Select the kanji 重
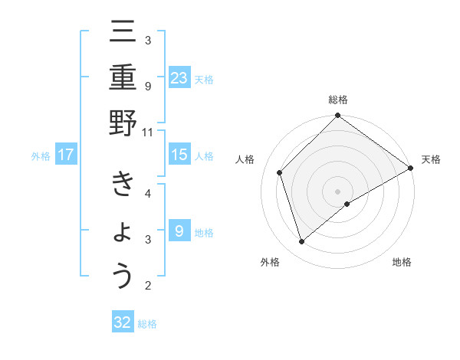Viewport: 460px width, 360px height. point(123,78)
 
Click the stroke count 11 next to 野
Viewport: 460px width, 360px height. point(148,132)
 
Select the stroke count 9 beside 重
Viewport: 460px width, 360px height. point(148,86)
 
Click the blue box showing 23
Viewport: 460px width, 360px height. point(179,78)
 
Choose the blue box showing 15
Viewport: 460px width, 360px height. point(179,155)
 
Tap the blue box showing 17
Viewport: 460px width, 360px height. point(65,155)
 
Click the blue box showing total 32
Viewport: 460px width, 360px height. point(123,322)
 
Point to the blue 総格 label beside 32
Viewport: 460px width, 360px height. point(147,323)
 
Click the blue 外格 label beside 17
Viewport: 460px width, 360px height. point(41,156)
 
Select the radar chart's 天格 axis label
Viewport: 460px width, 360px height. point(431,159)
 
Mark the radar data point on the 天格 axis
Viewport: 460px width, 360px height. point(411,168)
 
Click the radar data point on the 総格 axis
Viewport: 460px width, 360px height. point(337,116)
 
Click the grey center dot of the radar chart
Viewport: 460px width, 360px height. point(337,191)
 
